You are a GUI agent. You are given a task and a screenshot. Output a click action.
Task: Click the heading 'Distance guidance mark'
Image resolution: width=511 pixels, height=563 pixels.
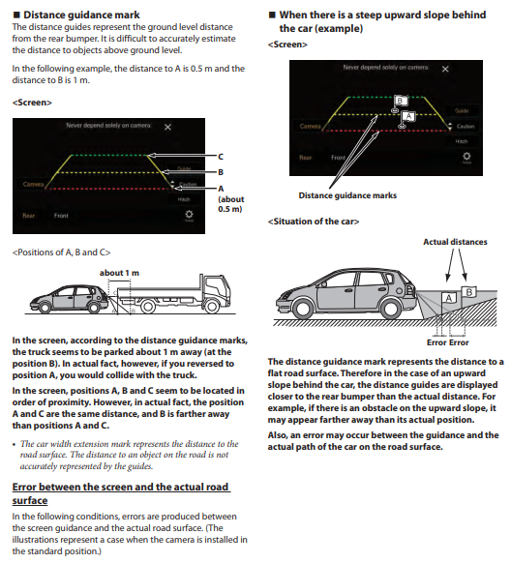pyautogui.click(x=81, y=15)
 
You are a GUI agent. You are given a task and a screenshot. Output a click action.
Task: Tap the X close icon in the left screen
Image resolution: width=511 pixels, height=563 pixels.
pyautogui.click(x=167, y=127)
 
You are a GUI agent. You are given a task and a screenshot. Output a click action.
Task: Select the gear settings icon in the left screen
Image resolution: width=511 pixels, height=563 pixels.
pyautogui.click(x=189, y=215)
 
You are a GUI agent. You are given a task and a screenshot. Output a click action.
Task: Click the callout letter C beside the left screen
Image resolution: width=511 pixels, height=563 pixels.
pyautogui.click(x=221, y=157)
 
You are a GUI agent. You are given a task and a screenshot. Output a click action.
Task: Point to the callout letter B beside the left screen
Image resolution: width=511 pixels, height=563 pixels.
pyautogui.click(x=221, y=172)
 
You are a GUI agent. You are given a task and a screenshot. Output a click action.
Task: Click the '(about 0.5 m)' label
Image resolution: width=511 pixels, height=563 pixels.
pyautogui.click(x=231, y=204)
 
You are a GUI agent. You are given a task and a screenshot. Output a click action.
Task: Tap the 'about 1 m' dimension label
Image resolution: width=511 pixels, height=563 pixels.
pyautogui.click(x=119, y=273)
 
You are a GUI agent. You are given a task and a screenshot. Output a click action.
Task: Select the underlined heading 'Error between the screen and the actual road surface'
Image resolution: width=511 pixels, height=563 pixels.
pyautogui.click(x=121, y=493)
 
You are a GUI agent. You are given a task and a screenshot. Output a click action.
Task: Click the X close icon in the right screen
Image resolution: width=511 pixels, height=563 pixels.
pyautogui.click(x=445, y=69)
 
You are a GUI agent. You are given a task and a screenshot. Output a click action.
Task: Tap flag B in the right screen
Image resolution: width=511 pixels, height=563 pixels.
pyautogui.click(x=401, y=101)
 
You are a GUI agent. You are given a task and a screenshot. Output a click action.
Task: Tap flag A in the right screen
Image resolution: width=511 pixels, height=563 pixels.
pyautogui.click(x=408, y=116)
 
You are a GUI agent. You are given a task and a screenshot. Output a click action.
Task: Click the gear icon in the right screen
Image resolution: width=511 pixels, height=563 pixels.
pyautogui.click(x=466, y=156)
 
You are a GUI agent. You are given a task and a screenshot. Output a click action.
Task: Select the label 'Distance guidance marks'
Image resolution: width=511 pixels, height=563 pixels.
pyautogui.click(x=347, y=195)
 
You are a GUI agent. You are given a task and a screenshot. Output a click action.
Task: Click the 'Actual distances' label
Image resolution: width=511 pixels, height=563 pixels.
pyautogui.click(x=455, y=242)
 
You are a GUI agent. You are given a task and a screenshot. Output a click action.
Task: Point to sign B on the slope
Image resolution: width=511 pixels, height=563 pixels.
pyautogui.click(x=469, y=292)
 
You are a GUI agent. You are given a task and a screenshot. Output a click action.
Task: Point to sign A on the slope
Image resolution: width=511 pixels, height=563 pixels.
pyautogui.click(x=448, y=298)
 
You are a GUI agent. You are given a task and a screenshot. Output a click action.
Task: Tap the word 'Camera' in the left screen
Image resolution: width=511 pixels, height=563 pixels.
pyautogui.click(x=34, y=184)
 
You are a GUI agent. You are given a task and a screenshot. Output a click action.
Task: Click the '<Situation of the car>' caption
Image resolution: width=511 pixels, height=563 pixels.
pyautogui.click(x=314, y=222)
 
